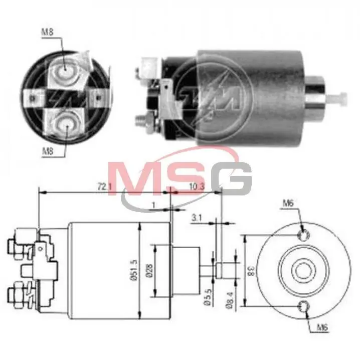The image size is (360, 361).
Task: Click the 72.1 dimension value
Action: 105,187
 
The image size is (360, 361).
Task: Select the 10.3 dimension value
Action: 197,187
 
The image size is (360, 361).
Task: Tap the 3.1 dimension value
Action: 197,218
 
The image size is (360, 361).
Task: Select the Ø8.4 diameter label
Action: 230,299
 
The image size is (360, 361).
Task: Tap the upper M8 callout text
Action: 47,32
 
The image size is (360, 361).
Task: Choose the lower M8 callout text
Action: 48,151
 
